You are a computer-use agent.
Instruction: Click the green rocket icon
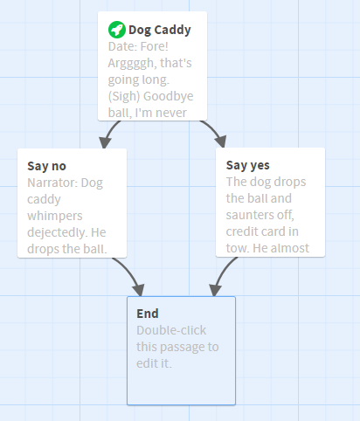tap(117, 30)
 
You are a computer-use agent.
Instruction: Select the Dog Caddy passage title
tap(160, 30)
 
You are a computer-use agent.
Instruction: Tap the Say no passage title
tap(46, 166)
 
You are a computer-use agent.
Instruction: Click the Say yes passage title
tap(247, 165)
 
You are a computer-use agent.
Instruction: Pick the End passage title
tap(148, 314)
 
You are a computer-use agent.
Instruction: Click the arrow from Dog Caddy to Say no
tap(110, 133)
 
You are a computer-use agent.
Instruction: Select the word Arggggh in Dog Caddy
tap(131, 64)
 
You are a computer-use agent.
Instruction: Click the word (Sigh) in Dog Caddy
tap(124, 96)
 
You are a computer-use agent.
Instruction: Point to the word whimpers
tap(55, 217)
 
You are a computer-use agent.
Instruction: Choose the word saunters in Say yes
tap(250, 215)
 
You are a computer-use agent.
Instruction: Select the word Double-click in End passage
tap(171, 330)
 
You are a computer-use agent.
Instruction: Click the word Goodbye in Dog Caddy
tap(169, 96)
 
